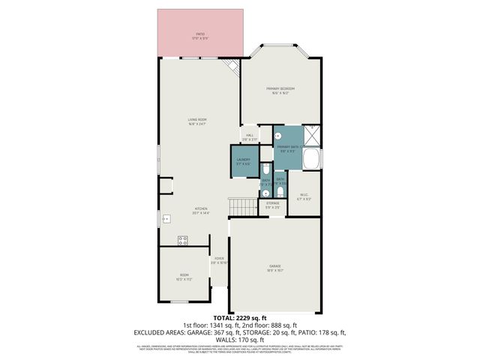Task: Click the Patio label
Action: pos(200,34)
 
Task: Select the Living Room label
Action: pos(197,120)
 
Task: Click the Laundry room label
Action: pos(243,160)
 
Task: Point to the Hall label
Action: pos(250,136)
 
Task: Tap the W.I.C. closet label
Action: pos(304,196)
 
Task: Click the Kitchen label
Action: pos(201,210)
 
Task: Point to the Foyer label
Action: pos(218,259)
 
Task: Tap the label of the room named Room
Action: pos(184,275)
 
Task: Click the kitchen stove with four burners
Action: pos(182,240)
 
